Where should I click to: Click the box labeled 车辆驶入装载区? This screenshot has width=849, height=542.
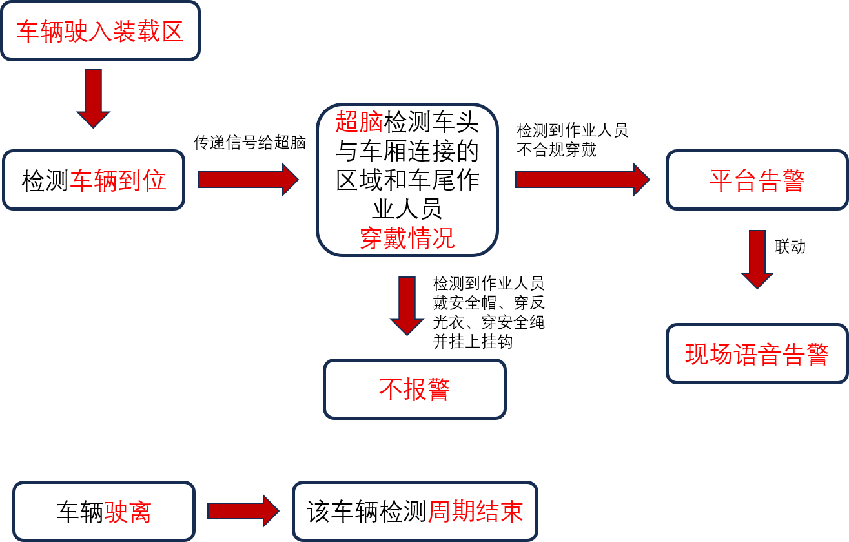(100, 31)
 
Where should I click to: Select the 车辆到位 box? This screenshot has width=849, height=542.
(94, 180)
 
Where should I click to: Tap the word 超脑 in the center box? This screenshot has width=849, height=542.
(359, 122)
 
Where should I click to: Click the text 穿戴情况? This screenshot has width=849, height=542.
(407, 238)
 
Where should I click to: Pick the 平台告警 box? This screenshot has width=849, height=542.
(757, 180)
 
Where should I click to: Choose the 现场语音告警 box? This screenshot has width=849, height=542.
(757, 354)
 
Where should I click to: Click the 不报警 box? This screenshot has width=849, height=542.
(414, 389)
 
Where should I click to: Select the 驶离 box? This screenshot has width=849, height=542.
(103, 512)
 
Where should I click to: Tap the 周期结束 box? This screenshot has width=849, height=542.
(414, 512)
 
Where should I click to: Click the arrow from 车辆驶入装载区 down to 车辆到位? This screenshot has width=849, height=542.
(94, 98)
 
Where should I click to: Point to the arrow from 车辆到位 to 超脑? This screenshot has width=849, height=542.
(248, 180)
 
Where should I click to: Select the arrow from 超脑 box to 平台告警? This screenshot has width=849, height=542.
(582, 180)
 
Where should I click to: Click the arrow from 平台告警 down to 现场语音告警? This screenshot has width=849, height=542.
(757, 258)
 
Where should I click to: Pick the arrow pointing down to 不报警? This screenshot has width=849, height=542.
(407, 305)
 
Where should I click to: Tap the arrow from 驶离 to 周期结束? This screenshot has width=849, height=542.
(243, 511)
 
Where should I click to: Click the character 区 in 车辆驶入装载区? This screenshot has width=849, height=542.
(172, 31)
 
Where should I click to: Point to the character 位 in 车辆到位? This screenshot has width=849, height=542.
(155, 181)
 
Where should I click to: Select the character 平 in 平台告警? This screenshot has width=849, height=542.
(721, 181)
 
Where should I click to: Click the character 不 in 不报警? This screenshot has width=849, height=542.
(391, 389)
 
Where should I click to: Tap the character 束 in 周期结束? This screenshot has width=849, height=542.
(511, 512)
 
